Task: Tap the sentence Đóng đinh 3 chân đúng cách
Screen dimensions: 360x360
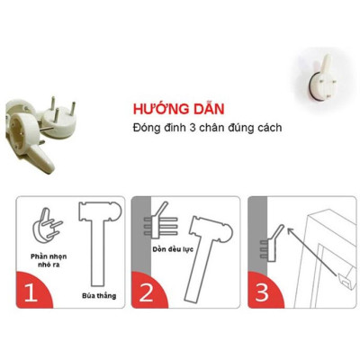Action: pyautogui.click(x=204, y=127)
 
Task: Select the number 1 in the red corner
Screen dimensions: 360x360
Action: pyautogui.click(x=31, y=292)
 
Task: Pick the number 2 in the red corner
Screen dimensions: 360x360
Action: pyautogui.click(x=147, y=292)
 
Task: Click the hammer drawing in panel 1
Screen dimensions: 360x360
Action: pyautogui.click(x=94, y=238)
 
